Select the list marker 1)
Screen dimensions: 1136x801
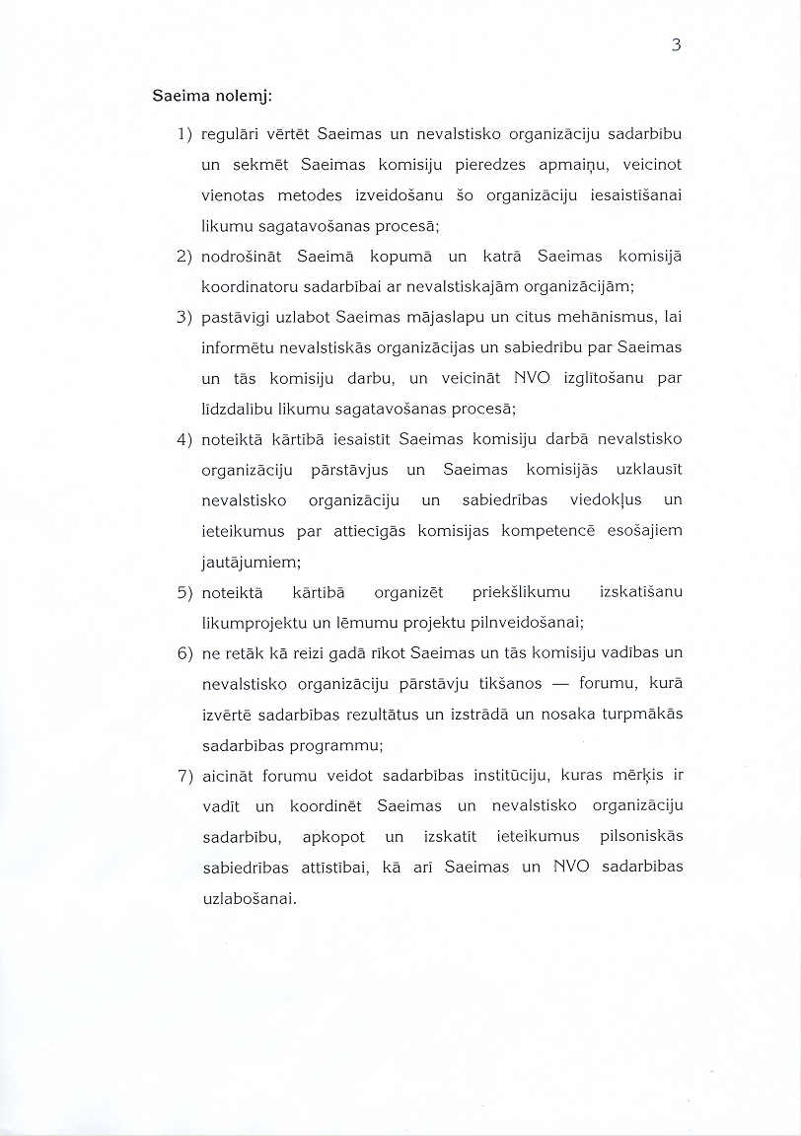click(x=184, y=132)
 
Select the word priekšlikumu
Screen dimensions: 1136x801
click(x=522, y=592)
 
